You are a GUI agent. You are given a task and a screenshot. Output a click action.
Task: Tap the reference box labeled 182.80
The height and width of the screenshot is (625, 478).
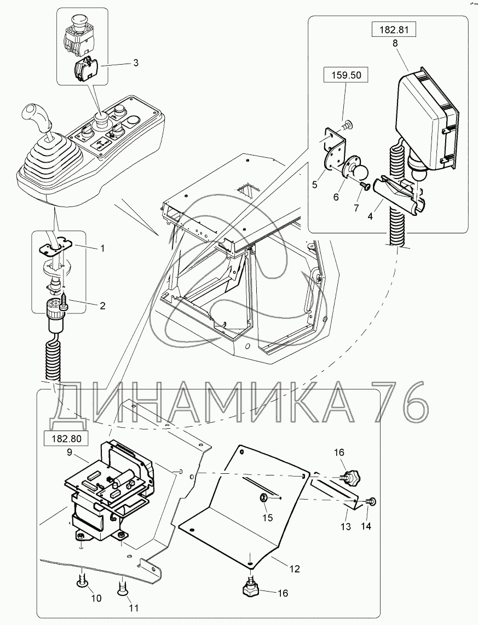click(x=65, y=438)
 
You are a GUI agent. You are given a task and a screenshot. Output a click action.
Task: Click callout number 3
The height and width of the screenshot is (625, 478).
click(x=135, y=63)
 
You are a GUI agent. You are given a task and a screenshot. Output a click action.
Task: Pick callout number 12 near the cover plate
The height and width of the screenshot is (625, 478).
click(x=295, y=569)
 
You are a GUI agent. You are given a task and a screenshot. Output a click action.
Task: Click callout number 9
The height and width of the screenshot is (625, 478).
click(x=70, y=452)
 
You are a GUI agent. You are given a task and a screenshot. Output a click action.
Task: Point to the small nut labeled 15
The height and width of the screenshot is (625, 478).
click(x=263, y=497)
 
